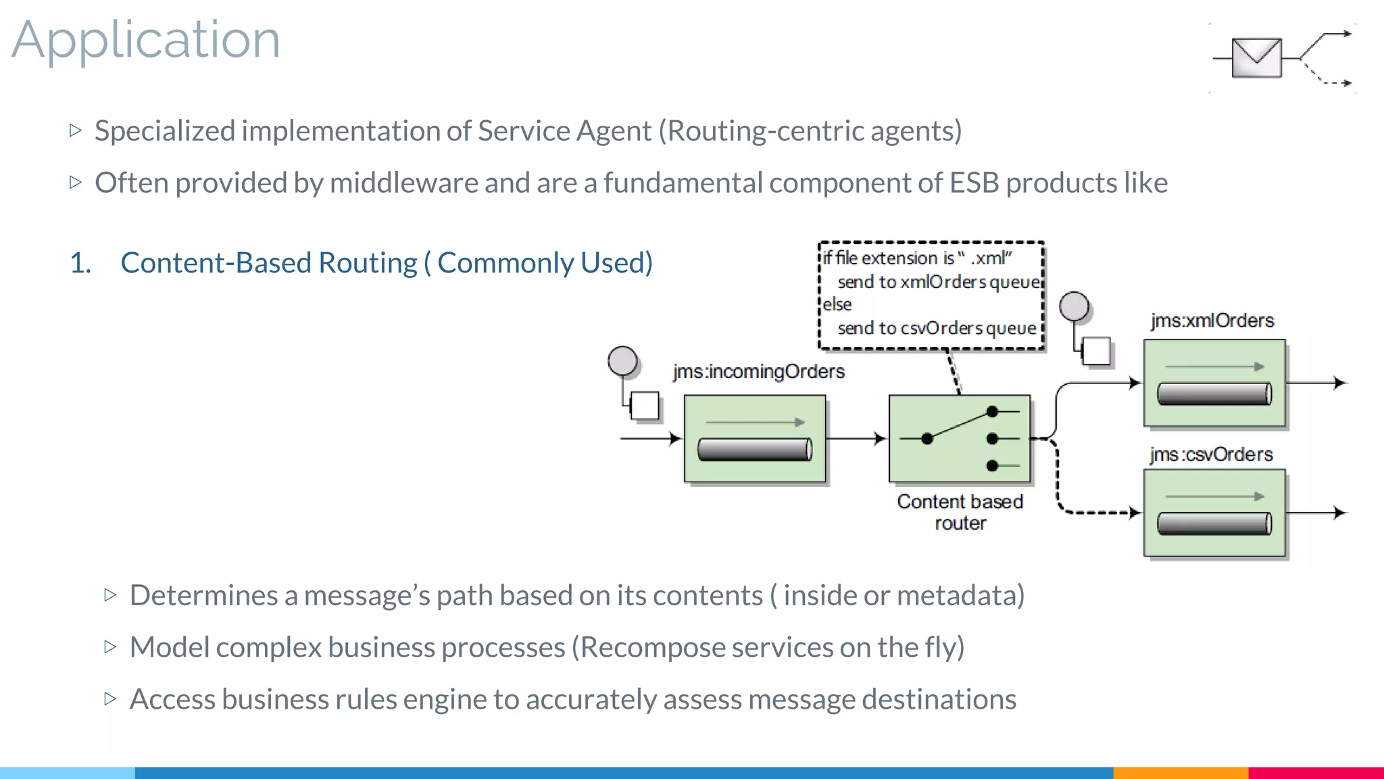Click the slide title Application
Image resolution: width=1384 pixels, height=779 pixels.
click(145, 41)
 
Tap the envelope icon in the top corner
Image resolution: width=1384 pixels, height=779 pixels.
click(1256, 58)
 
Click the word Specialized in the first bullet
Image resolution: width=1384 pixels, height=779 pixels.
click(165, 131)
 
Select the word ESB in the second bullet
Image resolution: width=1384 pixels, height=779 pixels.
click(974, 183)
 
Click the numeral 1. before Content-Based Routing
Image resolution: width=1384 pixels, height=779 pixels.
click(80, 263)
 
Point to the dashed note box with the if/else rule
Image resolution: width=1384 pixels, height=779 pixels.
click(931, 296)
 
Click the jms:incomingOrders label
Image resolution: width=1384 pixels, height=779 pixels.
click(758, 371)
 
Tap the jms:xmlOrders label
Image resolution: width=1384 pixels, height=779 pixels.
click(1212, 321)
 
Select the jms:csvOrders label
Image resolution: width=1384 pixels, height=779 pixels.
click(1211, 454)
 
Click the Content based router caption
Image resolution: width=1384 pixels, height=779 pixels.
click(960, 512)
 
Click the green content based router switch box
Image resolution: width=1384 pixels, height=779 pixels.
click(959, 438)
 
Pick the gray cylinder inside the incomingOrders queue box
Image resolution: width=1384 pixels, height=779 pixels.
click(754, 450)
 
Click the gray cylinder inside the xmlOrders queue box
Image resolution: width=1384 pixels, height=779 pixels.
click(1214, 394)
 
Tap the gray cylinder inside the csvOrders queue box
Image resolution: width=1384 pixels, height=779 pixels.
click(1214, 523)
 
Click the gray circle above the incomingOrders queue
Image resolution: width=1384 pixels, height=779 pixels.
click(622, 360)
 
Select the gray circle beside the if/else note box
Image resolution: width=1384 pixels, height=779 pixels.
click(1074, 306)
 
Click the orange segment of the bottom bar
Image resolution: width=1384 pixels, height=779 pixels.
click(1180, 772)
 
